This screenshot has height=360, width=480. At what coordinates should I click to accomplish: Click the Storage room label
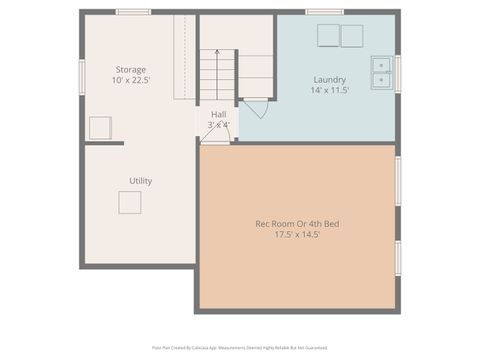(x=130, y=69)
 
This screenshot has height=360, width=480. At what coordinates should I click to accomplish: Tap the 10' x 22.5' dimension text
(x=130, y=80)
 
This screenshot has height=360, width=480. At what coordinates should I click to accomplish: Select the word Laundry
(x=329, y=79)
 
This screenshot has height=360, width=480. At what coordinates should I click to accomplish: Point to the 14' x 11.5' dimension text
(x=329, y=90)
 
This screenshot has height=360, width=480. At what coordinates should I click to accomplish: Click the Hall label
(x=218, y=114)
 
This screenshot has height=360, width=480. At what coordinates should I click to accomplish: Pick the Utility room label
(x=140, y=181)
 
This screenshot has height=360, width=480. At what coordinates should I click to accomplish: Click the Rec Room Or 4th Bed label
(x=298, y=223)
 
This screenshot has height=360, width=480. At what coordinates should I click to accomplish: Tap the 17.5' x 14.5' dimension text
(x=298, y=235)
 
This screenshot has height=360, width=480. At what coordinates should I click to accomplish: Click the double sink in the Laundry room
(x=382, y=71)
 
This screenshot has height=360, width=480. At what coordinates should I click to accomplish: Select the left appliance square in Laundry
(x=328, y=36)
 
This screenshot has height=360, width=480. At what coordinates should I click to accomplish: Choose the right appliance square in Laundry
(x=351, y=36)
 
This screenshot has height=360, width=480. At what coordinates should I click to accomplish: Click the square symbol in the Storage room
(x=100, y=128)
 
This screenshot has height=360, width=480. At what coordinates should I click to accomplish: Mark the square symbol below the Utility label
(x=130, y=202)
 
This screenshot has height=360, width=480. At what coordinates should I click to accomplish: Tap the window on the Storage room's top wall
(x=133, y=12)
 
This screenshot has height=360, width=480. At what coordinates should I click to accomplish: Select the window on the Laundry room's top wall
(x=324, y=12)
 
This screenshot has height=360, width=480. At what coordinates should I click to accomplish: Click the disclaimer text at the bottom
(x=240, y=348)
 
